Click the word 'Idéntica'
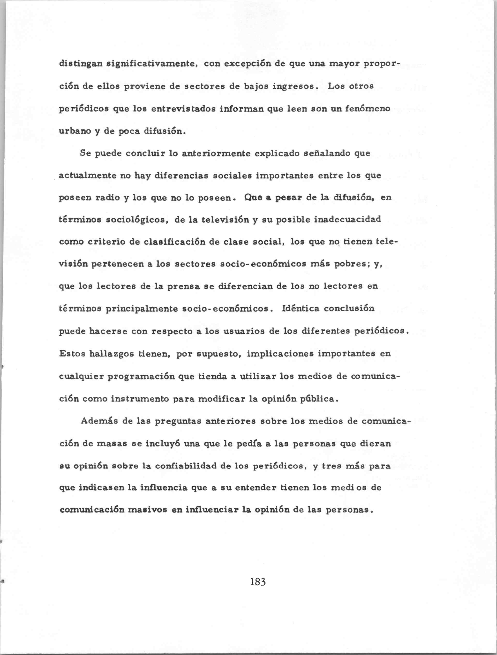click(301, 309)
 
